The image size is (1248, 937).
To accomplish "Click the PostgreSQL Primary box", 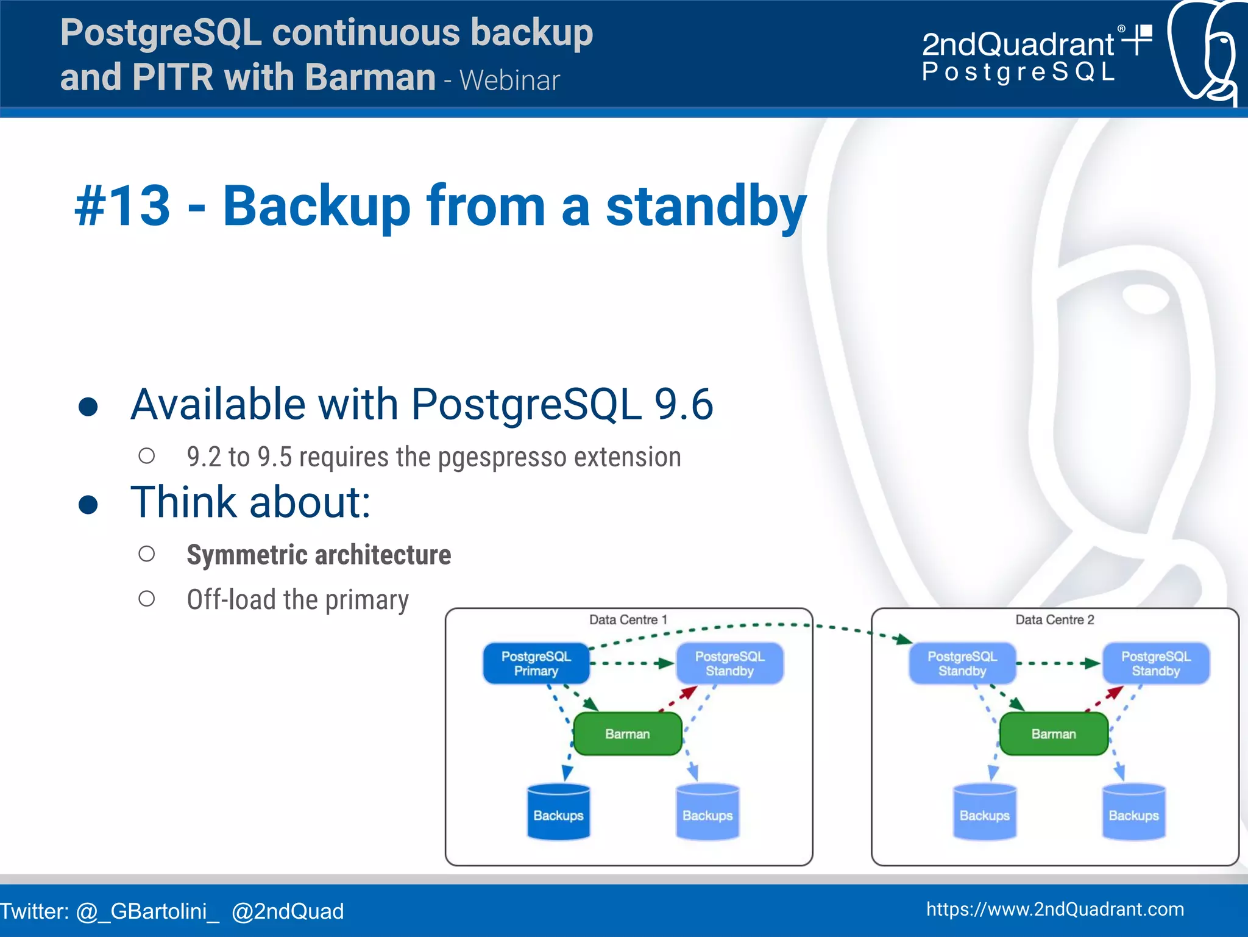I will [x=536, y=663].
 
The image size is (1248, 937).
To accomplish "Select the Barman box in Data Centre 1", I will [x=627, y=734].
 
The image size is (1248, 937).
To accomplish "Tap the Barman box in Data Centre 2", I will [x=1053, y=734].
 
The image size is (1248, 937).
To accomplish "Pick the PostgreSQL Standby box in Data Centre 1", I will [x=729, y=663].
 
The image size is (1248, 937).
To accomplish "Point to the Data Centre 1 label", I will [x=628, y=620].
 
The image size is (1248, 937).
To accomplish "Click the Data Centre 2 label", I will [x=1054, y=620].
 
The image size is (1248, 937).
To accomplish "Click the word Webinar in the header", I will [x=509, y=80].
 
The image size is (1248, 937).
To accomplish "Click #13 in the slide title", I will [x=122, y=206].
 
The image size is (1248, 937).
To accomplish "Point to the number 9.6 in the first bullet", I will [x=682, y=404].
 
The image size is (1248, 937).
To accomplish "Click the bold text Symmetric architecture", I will [x=319, y=555].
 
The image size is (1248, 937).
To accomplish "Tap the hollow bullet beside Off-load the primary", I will [x=146, y=599].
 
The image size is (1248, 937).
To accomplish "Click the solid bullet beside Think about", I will [x=88, y=505].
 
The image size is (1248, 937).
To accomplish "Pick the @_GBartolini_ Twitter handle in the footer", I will [x=147, y=911].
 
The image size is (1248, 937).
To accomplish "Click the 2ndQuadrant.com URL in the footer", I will [x=1054, y=910].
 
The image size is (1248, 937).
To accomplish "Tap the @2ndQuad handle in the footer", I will [x=288, y=911].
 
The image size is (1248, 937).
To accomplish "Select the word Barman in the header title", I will [x=370, y=77].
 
